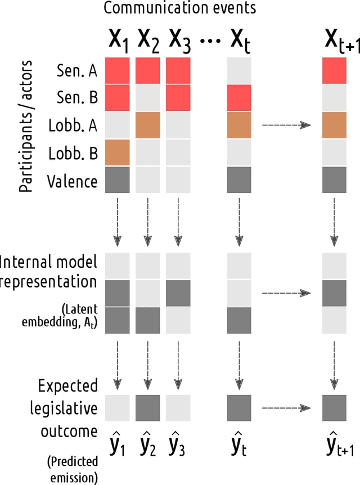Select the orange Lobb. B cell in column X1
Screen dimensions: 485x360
click(118, 152)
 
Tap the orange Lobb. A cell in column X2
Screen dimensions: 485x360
click(147, 124)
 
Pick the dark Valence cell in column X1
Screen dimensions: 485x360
click(118, 180)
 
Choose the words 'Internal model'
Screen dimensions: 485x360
click(49, 262)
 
